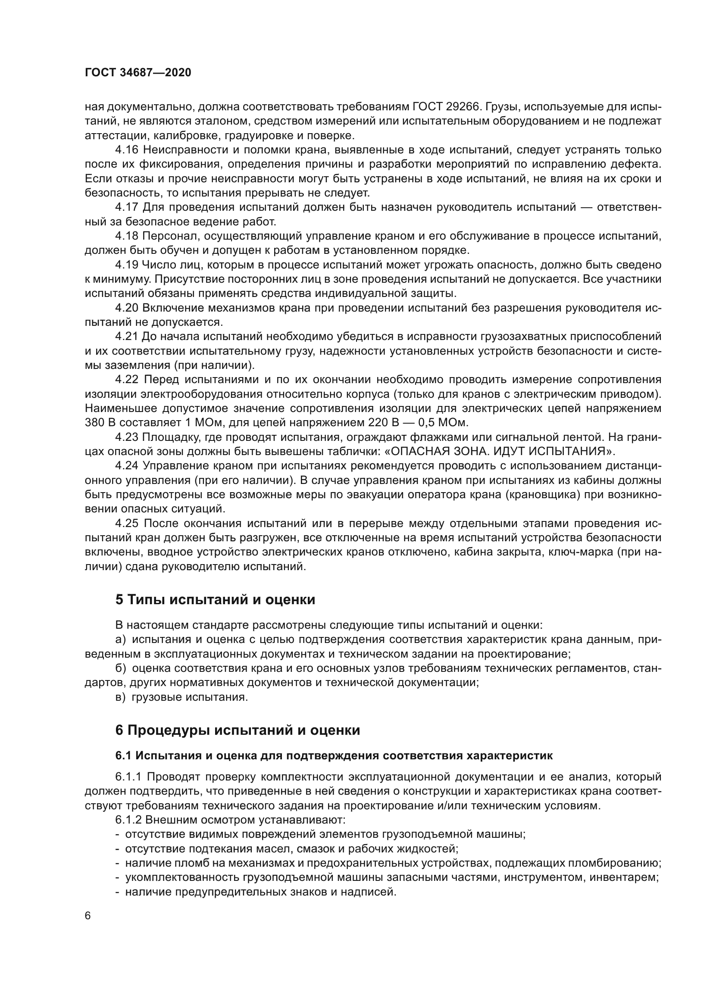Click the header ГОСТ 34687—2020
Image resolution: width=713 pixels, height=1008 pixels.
pyautogui.click(x=138, y=73)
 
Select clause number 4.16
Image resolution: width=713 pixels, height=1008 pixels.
pyautogui.click(x=127, y=150)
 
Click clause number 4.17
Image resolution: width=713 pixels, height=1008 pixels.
pyautogui.click(x=127, y=207)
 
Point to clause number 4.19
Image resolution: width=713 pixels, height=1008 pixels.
pyautogui.click(x=127, y=265)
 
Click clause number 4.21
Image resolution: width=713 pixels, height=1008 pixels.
pyautogui.click(x=127, y=336)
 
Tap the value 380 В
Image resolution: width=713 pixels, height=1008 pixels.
pyautogui.click(x=100, y=423)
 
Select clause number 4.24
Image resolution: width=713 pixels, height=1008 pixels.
pyautogui.click(x=127, y=466)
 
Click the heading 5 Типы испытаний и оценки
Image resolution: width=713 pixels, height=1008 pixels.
pyautogui.click(x=215, y=600)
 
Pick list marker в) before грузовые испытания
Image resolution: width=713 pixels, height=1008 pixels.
pyautogui.click(x=121, y=697)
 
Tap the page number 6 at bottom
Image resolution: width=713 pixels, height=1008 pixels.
pyautogui.click(x=88, y=916)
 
